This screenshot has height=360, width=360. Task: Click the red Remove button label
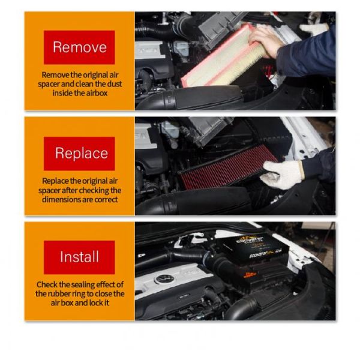(x=79, y=47)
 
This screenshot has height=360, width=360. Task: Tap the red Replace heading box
(x=79, y=153)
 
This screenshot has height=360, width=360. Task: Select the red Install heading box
(x=79, y=257)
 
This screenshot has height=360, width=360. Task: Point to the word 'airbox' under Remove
(x=96, y=93)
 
